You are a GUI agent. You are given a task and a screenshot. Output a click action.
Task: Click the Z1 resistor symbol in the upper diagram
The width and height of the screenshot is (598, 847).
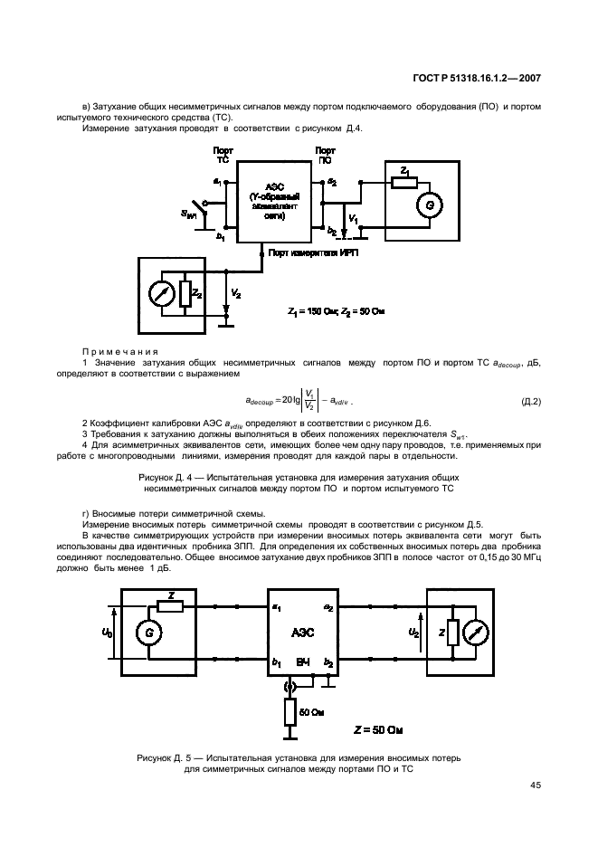point(404,182)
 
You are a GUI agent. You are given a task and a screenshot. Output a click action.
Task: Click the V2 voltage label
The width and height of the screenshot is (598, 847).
point(236,295)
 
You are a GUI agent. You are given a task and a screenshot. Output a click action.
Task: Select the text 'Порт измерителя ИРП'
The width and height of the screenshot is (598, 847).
point(314,255)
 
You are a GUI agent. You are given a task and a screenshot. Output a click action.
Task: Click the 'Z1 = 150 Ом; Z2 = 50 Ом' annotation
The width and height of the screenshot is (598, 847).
point(337,311)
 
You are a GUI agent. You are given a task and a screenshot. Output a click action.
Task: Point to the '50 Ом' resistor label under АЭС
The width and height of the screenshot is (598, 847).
point(313,712)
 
